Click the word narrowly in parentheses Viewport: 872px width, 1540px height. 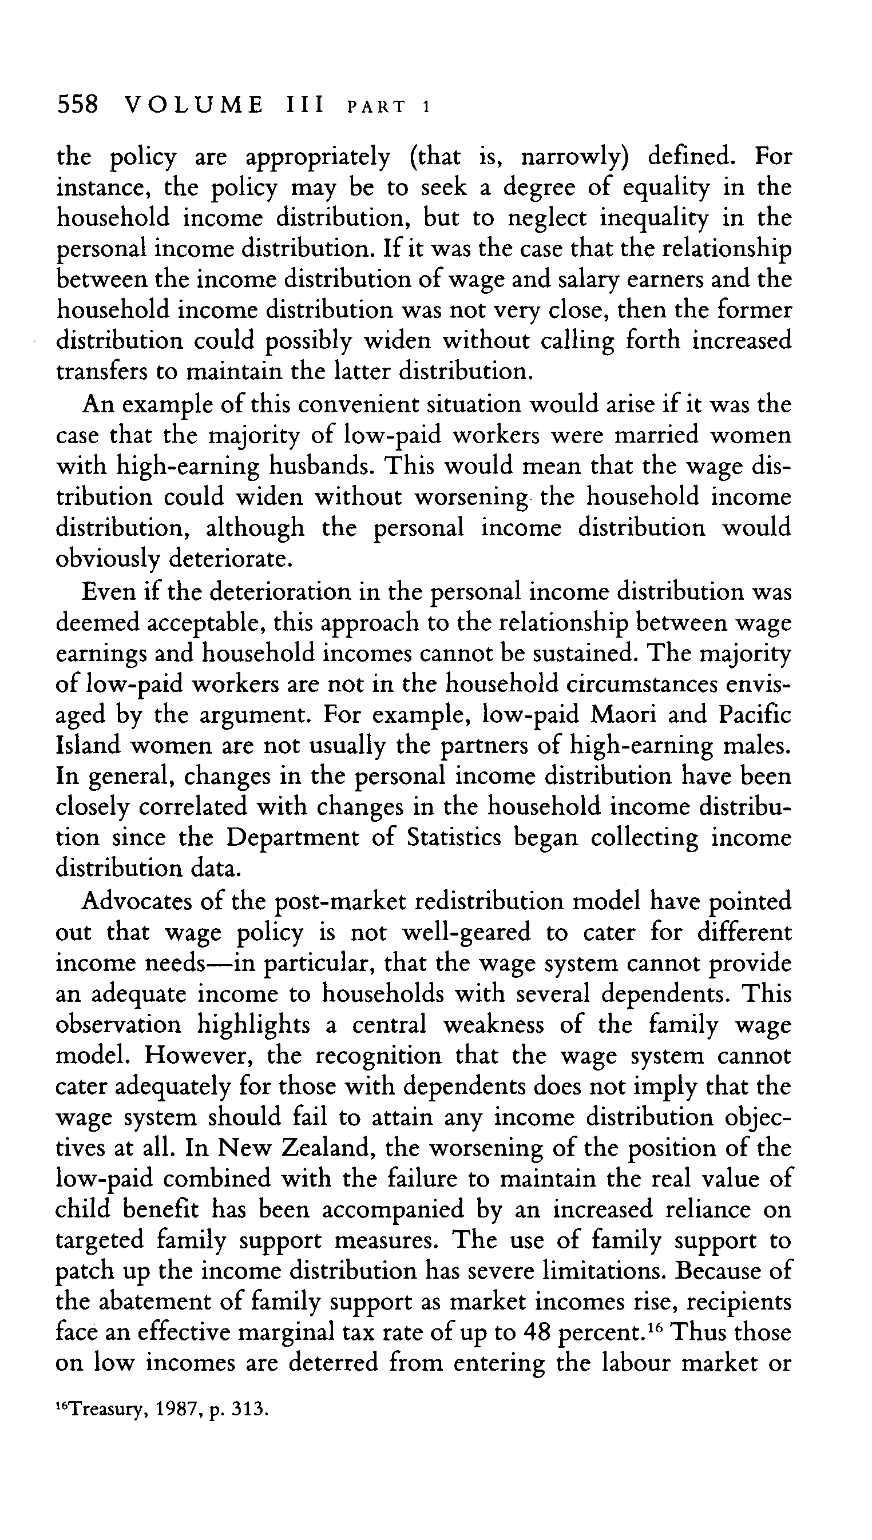coord(573,157)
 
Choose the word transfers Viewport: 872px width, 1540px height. coord(101,372)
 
